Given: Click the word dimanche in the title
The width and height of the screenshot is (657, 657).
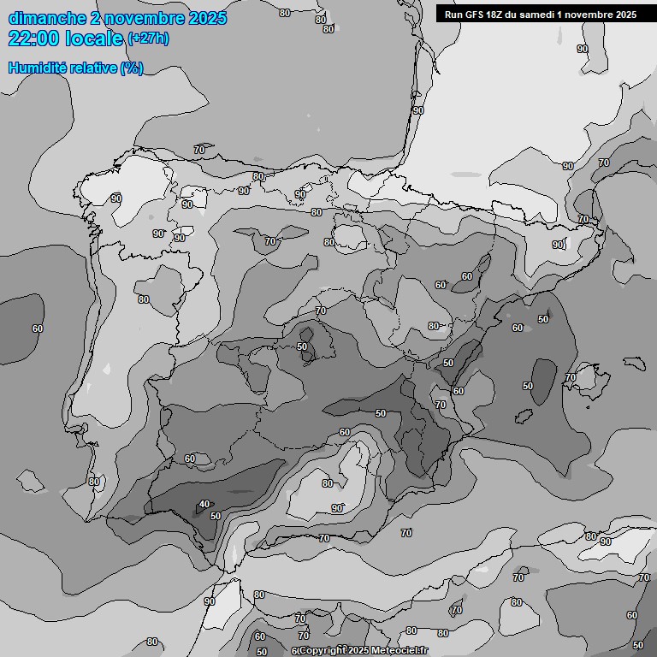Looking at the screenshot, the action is (44, 18).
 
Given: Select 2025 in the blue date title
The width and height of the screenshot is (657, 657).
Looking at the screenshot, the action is (206, 18).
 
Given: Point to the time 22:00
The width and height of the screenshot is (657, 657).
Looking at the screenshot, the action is (33, 38).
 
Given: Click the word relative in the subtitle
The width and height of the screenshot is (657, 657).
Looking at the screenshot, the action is (92, 68).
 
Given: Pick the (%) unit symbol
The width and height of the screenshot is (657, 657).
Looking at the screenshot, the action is (131, 68).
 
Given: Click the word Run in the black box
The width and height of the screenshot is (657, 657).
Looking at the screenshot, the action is (453, 15).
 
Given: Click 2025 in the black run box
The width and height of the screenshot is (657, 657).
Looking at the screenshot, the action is (622, 15).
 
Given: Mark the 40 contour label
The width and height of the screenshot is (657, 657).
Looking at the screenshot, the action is (204, 505).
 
